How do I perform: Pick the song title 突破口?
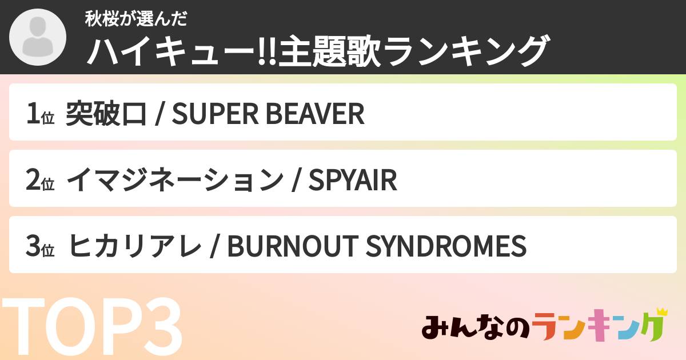tap(106, 114)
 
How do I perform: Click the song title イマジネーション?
tap(174, 181)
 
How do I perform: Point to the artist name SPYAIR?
tap(352, 181)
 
